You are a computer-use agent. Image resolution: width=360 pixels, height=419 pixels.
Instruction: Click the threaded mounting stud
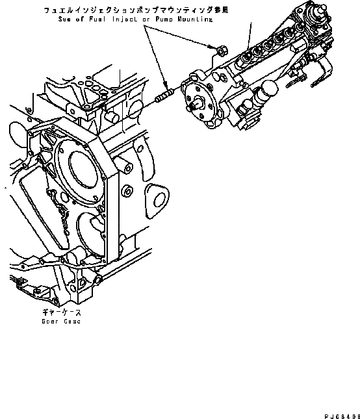click(x=164, y=98)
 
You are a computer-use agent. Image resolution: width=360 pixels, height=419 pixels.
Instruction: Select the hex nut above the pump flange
click(x=220, y=49)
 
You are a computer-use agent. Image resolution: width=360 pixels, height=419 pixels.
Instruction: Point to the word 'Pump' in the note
click(x=167, y=19)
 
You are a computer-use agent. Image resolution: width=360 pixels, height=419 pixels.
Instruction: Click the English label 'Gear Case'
click(x=59, y=322)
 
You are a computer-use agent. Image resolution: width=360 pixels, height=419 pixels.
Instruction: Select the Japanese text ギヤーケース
click(x=58, y=312)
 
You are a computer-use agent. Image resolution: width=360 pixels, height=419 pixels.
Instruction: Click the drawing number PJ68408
click(x=340, y=414)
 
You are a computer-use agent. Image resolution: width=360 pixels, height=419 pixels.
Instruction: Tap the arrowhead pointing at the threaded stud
click(x=168, y=88)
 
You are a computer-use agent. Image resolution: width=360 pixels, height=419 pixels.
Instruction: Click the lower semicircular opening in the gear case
click(x=91, y=231)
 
